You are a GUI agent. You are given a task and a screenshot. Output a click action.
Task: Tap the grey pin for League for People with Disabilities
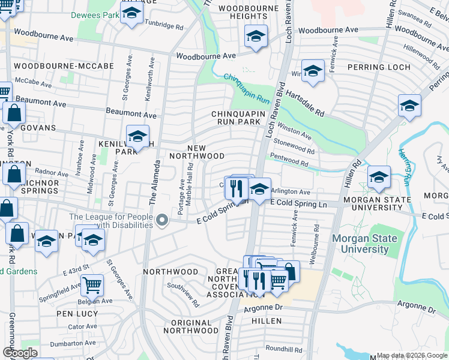click(161, 222)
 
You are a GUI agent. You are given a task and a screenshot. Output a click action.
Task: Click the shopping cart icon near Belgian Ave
click(92, 285)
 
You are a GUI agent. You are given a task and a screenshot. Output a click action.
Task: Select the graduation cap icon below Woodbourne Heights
click(256, 38)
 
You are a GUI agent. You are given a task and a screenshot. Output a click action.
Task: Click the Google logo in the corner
click(20, 353)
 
